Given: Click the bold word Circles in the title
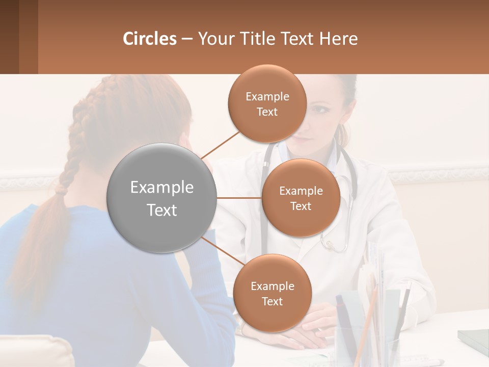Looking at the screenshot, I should (x=150, y=39).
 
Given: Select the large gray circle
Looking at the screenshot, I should (x=161, y=198).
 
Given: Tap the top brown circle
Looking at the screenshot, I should (x=267, y=103).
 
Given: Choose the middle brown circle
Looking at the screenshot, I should (x=301, y=198).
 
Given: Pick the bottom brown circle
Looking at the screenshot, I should (x=272, y=293).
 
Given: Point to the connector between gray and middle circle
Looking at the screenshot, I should (x=239, y=198).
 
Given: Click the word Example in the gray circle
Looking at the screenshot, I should (x=161, y=188).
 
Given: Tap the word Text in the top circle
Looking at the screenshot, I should (x=267, y=112).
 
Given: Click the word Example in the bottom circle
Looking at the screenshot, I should (x=272, y=286).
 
